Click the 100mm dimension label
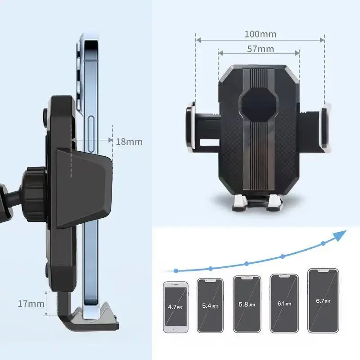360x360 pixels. point(260,34)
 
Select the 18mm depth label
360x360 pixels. point(129,141)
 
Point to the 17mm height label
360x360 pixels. point(31,303)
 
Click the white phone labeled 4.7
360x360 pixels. point(175,307)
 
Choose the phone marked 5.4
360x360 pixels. point(210,306)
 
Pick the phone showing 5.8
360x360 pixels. point(246,304)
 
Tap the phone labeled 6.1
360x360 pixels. point(282,303)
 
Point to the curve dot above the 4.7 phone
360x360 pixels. point(176,270)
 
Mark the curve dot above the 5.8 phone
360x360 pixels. point(247,264)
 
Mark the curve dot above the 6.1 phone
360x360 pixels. point(283,256)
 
